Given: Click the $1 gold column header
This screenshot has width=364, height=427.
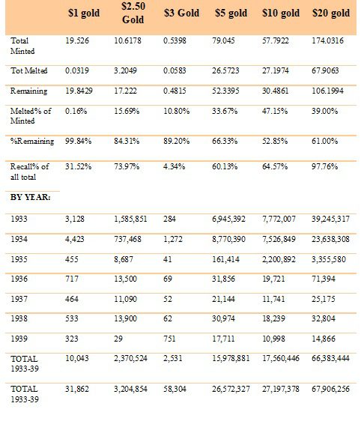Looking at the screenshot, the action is point(84,13).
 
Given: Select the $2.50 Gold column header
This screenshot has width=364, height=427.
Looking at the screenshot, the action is point(133,13).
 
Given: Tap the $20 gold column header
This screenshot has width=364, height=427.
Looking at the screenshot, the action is point(331,13).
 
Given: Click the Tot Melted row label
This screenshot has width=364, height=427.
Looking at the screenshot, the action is point(29,70).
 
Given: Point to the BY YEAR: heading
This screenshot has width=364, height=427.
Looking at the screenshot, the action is point(31,197).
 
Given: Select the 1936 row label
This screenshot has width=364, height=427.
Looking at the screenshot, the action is point(19,279).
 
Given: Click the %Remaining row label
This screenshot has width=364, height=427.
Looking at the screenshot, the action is point(32,141).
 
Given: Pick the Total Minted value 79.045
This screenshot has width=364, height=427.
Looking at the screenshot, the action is point(223,40).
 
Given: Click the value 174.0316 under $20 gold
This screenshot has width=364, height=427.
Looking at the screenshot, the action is point(327,40).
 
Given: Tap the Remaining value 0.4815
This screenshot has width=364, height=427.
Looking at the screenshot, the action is point(175,91).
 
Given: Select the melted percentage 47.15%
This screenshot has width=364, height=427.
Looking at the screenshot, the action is point(275,111).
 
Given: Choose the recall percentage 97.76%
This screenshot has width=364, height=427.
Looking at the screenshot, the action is point(324,166).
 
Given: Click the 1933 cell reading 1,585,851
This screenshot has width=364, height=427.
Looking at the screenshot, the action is point(130,219).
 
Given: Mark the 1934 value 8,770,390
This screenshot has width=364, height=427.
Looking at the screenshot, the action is point(228,239).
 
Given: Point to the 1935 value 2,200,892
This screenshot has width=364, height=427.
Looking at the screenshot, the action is point(279,259).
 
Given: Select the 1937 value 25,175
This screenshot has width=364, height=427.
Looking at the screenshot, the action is point(324,299).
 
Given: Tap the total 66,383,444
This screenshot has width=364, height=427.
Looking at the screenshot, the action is point(330,358).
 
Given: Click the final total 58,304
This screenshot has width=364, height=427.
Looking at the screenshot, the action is point(175,389).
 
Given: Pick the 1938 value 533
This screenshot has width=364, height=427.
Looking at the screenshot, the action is point(72,318).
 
